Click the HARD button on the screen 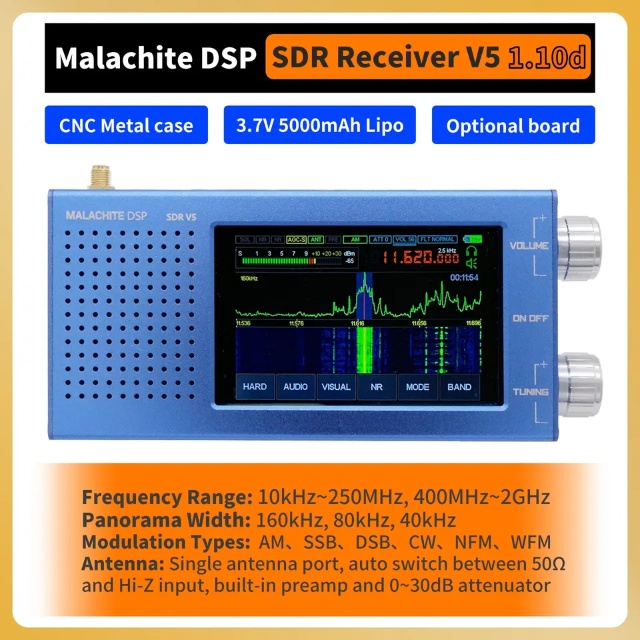tap(255, 387)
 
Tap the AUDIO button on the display tap(295, 387)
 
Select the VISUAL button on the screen tap(336, 387)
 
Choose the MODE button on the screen tap(417, 387)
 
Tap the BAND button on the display tap(459, 387)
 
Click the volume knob tap(578, 238)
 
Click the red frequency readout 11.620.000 tap(421, 259)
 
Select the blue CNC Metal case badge tap(126, 125)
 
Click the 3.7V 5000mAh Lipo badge tap(319, 125)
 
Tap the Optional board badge tap(513, 125)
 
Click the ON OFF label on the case tap(530, 319)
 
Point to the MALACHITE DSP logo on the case tap(107, 215)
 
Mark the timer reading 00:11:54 tap(465, 277)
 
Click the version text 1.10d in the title tap(547, 58)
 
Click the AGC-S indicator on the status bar tap(296, 239)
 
